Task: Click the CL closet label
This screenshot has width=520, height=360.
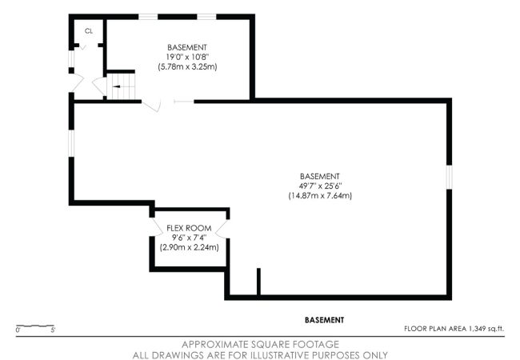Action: (x=89, y=31)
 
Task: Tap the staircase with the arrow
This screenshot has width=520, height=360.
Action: (x=121, y=86)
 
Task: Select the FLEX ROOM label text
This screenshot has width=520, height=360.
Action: (x=189, y=228)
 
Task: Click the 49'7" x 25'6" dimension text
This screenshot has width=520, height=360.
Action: (x=320, y=186)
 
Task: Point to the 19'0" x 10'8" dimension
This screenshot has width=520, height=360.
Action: (x=187, y=57)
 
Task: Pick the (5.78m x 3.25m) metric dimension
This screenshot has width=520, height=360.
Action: (x=187, y=66)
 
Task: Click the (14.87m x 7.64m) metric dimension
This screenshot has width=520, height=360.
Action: (x=320, y=195)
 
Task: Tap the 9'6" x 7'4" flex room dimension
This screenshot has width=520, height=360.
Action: (x=189, y=238)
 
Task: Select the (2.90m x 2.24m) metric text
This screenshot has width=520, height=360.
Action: (x=189, y=247)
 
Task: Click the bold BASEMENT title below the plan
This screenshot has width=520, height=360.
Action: (x=324, y=320)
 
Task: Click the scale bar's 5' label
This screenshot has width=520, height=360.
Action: (x=53, y=330)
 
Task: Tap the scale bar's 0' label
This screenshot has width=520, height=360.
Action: (x=18, y=330)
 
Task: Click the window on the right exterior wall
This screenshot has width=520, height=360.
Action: (x=449, y=177)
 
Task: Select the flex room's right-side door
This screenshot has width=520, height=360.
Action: (x=222, y=229)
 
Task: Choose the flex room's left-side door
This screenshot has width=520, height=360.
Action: (x=156, y=227)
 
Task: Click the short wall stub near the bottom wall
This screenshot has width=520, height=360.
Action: (x=258, y=281)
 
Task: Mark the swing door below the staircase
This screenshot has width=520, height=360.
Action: (x=151, y=106)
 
